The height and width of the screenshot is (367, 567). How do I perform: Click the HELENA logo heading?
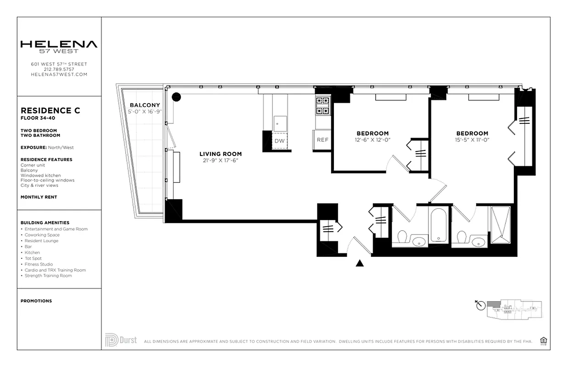(x=59, y=44)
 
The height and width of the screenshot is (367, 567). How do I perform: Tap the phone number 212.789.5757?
(x=59, y=69)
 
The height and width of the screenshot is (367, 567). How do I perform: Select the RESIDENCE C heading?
(x=50, y=111)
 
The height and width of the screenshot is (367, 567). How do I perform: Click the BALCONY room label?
(x=145, y=105)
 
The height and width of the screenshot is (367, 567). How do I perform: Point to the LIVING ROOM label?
(x=220, y=154)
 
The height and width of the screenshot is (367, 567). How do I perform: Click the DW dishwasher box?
(x=279, y=141)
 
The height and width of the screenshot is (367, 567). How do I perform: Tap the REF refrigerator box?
(x=322, y=140)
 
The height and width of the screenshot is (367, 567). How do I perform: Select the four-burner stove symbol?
(x=322, y=105)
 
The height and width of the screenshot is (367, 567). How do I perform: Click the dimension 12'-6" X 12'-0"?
(x=372, y=140)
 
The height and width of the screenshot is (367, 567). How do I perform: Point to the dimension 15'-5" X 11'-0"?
(x=472, y=140)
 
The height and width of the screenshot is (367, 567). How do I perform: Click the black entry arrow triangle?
(x=360, y=263)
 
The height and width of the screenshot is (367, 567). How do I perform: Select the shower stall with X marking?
(x=500, y=224)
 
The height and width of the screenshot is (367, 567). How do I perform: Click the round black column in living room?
(x=176, y=97)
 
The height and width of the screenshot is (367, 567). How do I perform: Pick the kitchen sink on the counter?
(x=280, y=123)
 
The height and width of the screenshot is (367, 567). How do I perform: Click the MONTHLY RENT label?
(x=39, y=197)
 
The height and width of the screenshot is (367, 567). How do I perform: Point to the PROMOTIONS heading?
(x=36, y=301)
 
